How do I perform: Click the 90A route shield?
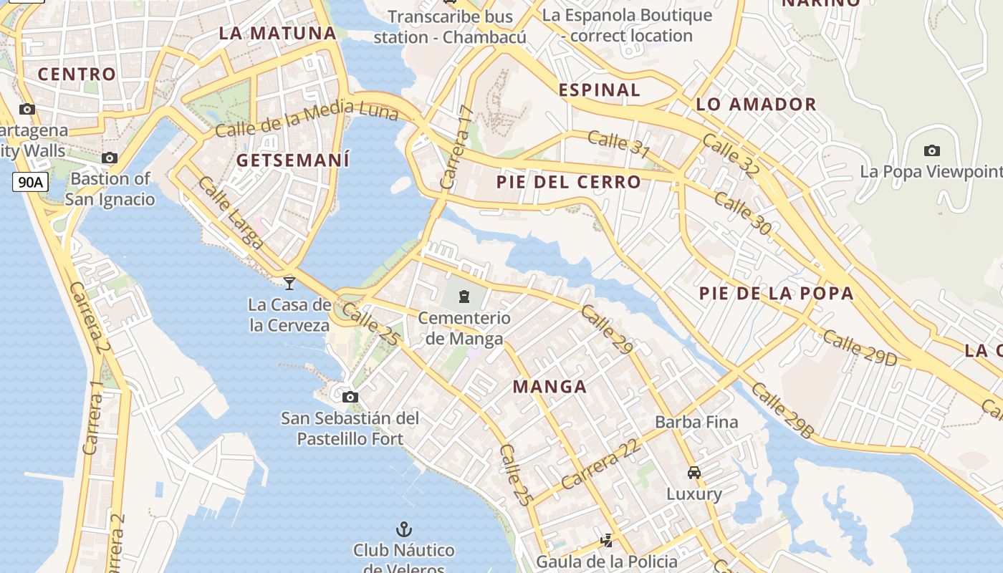pyautogui.click(x=30, y=182)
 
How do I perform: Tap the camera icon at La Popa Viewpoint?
pyautogui.click(x=931, y=150)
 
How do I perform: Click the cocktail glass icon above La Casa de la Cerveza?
pyautogui.click(x=289, y=283)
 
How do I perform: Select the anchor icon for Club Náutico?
pyautogui.click(x=404, y=529)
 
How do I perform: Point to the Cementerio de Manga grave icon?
pyautogui.click(x=464, y=296)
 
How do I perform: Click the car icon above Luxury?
pyautogui.click(x=694, y=472)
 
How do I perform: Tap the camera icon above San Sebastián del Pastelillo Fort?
pyautogui.click(x=350, y=397)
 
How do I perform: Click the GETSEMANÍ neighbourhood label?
pyautogui.click(x=293, y=160)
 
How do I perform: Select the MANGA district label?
pyautogui.click(x=550, y=387)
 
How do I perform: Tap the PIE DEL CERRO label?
pyautogui.click(x=568, y=182)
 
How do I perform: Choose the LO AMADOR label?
pyautogui.click(x=756, y=105)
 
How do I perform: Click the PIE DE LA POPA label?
pyautogui.click(x=777, y=293)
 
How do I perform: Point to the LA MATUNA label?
pyautogui.click(x=277, y=33)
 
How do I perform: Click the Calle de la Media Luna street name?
pyautogui.click(x=307, y=119)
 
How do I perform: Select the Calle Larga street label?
pyautogui.click(x=230, y=212)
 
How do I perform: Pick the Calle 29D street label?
pyautogui.click(x=859, y=348)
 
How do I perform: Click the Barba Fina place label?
pyautogui.click(x=696, y=422)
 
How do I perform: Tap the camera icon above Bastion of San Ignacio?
pyautogui.click(x=110, y=158)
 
